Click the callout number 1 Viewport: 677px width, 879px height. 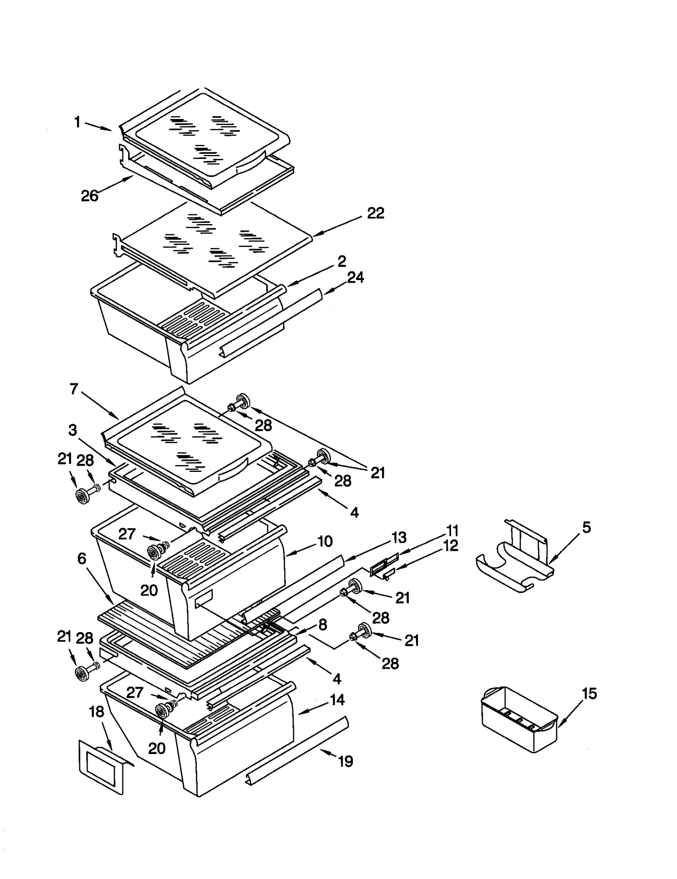point(77,122)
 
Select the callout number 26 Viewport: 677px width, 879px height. point(90,196)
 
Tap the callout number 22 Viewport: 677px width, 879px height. point(375,213)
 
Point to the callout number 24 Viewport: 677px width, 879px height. point(355,277)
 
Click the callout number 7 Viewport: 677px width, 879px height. point(74,389)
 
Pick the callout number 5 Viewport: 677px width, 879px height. point(586,527)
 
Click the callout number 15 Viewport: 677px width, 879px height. point(589,693)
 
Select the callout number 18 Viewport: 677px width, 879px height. point(97,712)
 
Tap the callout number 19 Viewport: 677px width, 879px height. point(346,762)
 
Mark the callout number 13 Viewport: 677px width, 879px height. point(399,538)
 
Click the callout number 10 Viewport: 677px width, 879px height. point(325,541)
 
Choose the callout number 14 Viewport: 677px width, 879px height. point(337,700)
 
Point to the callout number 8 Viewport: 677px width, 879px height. point(323,624)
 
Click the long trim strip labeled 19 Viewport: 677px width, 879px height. point(296,750)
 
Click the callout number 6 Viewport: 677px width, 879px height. point(82,559)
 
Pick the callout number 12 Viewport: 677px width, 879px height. point(451,546)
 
